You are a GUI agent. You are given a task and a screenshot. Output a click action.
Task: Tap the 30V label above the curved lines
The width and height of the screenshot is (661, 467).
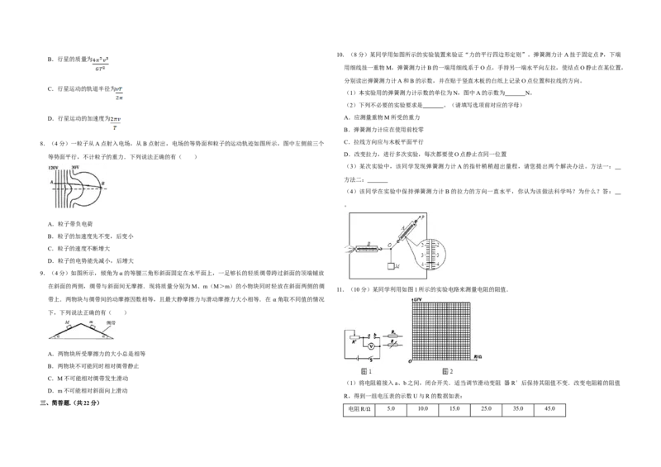pyautogui.click(x=76, y=167)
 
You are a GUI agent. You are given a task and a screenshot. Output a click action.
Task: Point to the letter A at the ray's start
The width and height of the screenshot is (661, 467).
pyautogui.click(x=50, y=183)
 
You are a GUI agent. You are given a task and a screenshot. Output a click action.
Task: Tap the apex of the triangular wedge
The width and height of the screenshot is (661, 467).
pyautogui.click(x=80, y=319)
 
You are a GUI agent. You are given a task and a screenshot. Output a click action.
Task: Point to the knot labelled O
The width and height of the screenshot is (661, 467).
pyautogui.click(x=389, y=245)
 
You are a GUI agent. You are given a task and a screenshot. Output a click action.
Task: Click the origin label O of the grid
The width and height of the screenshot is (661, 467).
pyautogui.click(x=410, y=362)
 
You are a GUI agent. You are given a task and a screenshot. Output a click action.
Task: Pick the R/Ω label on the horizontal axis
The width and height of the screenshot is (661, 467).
pyautogui.click(x=477, y=355)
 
